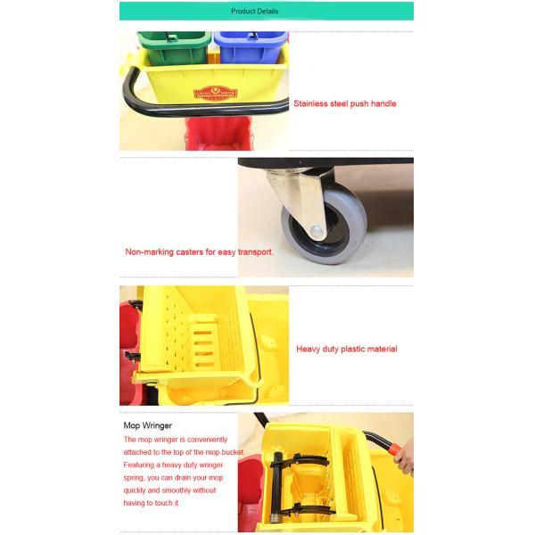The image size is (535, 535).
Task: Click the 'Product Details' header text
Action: point(254,12)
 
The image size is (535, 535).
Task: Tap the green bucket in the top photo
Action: point(173,48)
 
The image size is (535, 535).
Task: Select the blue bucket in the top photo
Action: point(251,47)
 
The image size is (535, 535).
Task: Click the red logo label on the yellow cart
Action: point(215,94)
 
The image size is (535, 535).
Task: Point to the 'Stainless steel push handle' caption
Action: point(344,103)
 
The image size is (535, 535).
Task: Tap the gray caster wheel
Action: point(325,226)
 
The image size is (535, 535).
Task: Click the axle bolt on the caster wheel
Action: point(317,231)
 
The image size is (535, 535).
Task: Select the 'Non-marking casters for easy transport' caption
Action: point(199,252)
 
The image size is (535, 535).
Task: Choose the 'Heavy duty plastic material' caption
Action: point(347,349)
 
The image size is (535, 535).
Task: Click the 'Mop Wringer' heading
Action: point(148,425)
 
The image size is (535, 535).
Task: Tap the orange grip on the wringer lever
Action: point(395,449)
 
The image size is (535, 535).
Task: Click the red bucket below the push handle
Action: point(218,133)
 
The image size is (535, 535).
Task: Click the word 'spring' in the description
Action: point(134,478)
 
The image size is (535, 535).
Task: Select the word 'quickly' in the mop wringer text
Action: point(135,490)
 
